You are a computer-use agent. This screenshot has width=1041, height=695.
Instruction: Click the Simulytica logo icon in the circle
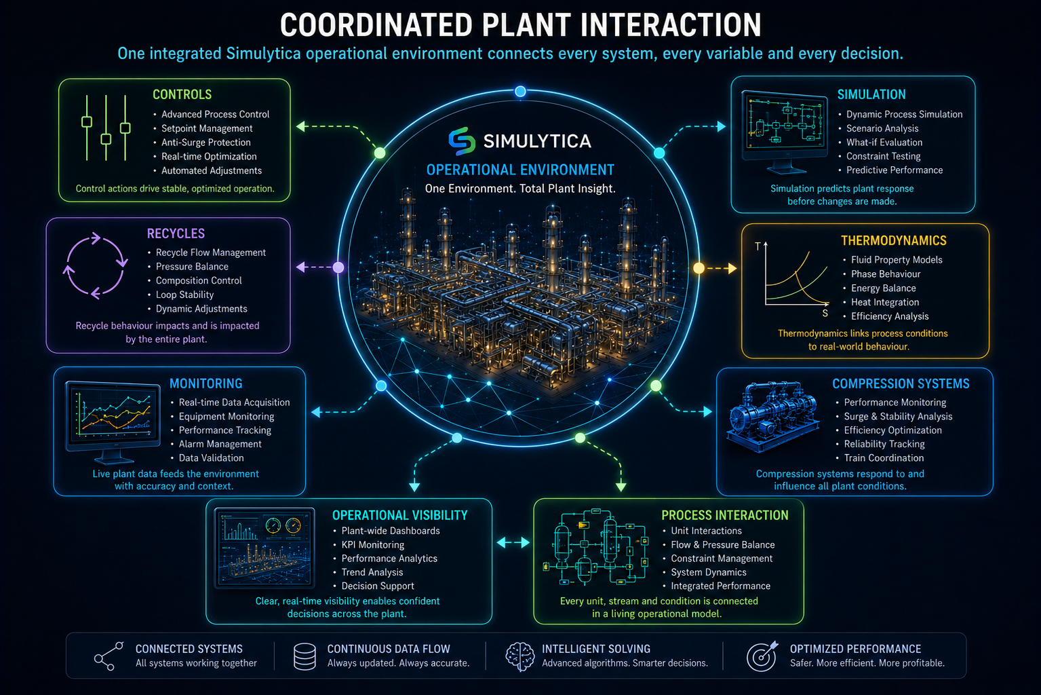coord(462,141)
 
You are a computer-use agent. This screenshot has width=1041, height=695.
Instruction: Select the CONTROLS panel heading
coord(182,94)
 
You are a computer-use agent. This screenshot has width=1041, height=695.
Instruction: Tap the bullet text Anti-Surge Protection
coord(206,143)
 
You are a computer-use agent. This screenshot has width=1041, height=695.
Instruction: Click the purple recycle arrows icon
coord(95,265)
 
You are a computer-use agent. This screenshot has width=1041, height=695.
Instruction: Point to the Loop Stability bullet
coord(184,295)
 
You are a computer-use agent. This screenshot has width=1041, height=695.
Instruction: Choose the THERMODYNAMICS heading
coord(894,240)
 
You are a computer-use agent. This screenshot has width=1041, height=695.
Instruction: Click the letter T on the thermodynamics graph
coord(758,246)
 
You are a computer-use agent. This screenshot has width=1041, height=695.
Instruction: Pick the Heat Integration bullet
coord(885,302)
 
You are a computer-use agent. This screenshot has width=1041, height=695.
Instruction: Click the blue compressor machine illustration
coord(773,417)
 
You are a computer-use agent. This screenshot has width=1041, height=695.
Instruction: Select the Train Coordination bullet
coord(884,457)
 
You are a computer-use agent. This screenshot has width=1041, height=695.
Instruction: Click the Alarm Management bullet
coord(220,444)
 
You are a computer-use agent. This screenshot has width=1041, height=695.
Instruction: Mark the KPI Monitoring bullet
coord(373,545)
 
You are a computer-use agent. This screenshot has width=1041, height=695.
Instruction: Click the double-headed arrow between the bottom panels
coord(513,542)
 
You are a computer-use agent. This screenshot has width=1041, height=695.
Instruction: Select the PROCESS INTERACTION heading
coord(725,515)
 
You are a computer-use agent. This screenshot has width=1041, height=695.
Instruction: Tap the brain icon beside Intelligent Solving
coord(520,656)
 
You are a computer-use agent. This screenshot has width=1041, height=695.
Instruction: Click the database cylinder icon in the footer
coord(305,656)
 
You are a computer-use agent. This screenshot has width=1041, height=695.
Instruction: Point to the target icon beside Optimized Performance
coord(762,656)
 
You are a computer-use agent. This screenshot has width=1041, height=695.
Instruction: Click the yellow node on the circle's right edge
coord(699,268)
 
